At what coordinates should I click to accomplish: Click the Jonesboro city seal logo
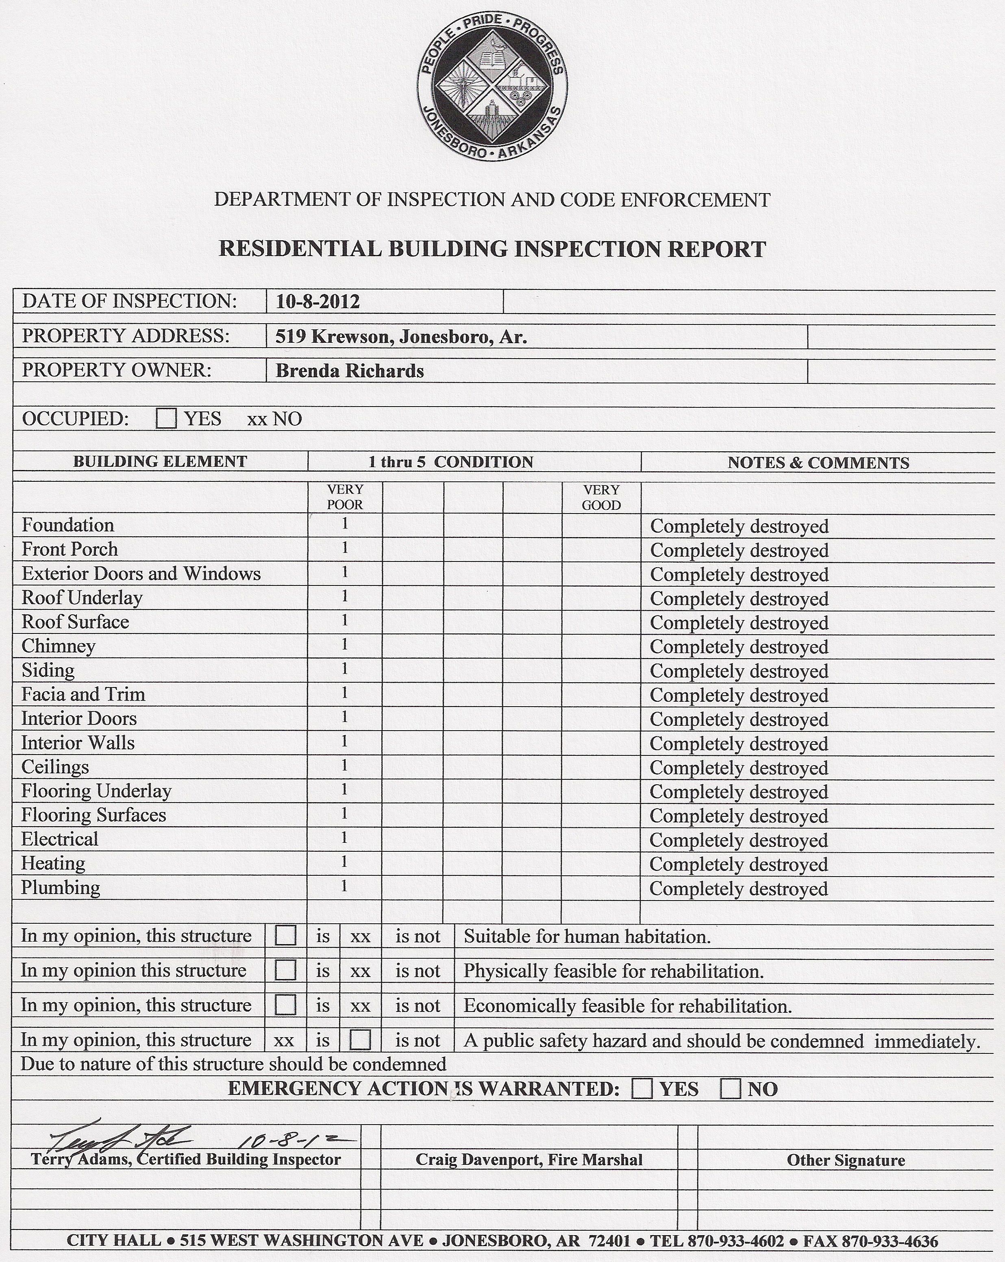coord(492,86)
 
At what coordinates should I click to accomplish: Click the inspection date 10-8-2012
coord(317,302)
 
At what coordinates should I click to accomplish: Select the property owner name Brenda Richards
coord(350,371)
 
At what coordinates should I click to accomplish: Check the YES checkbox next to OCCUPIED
coord(166,418)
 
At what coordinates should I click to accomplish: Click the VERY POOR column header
coord(345,497)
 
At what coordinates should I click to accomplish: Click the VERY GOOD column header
coord(601,498)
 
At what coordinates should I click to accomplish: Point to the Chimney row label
coord(59,646)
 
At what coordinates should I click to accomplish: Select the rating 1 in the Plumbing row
coord(344,886)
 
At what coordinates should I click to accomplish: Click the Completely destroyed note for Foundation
coord(739,526)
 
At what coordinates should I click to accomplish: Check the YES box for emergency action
coord(642,1089)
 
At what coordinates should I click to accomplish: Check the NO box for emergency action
coord(730,1089)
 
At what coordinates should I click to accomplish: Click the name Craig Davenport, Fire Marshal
coord(529,1160)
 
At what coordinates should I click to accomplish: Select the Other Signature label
coord(846,1160)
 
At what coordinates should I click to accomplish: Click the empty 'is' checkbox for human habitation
coord(285,936)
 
